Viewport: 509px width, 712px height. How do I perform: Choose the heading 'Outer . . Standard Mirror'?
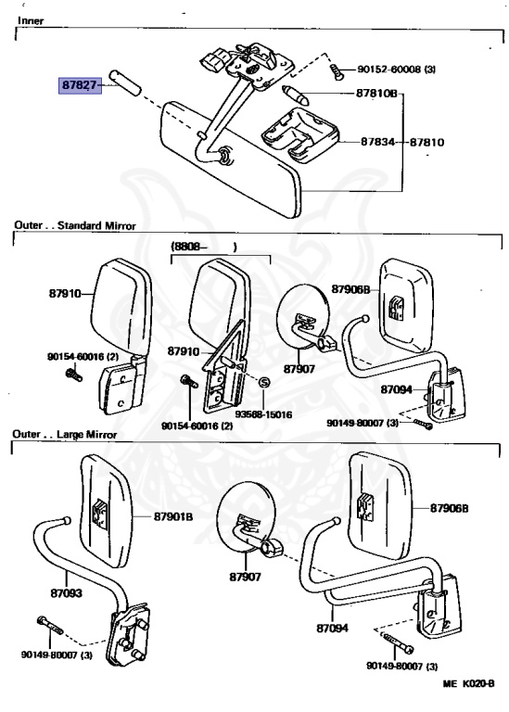click(x=74, y=225)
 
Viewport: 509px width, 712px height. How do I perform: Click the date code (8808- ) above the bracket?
click(x=203, y=248)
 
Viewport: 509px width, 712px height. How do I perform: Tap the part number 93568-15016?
click(x=262, y=413)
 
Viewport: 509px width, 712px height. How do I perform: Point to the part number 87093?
click(x=68, y=589)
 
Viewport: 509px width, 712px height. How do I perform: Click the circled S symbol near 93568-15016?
click(x=263, y=382)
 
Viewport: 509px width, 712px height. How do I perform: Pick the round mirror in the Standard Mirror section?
click(x=301, y=313)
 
